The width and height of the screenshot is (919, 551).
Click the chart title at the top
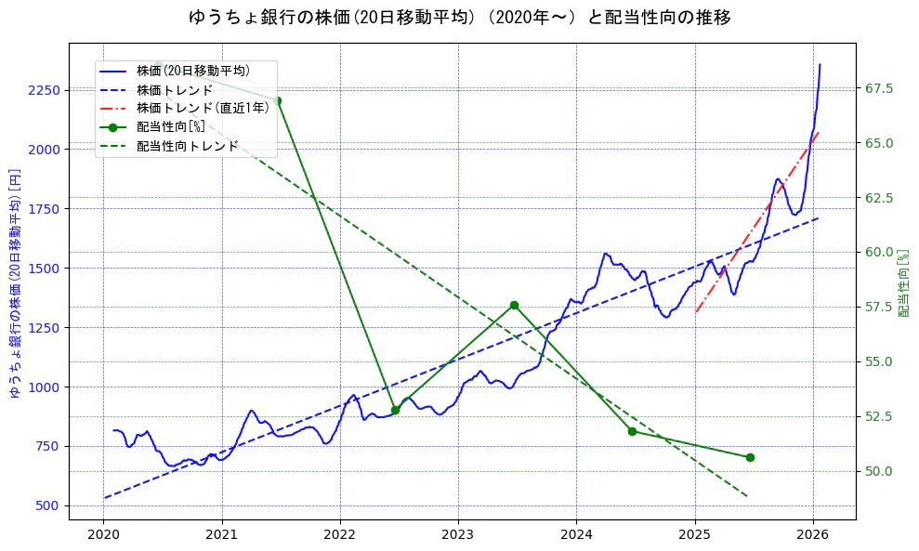(459, 18)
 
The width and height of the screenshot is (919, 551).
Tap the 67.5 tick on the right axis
(879, 88)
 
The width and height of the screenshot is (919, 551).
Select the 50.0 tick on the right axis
(879, 471)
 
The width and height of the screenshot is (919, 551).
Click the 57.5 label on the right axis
(879, 307)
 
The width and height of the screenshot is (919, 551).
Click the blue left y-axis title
(14, 283)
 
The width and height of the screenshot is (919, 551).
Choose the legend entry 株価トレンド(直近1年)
(203, 108)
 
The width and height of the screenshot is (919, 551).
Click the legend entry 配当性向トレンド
(187, 146)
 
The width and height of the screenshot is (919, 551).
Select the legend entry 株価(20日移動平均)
(192, 70)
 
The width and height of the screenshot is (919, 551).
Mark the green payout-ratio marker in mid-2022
(395, 410)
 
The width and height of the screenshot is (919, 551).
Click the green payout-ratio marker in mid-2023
(514, 305)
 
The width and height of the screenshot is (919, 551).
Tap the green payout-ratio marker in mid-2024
(632, 431)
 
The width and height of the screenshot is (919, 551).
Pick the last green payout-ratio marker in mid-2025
(750, 457)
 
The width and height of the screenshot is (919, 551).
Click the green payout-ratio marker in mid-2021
(277, 100)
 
